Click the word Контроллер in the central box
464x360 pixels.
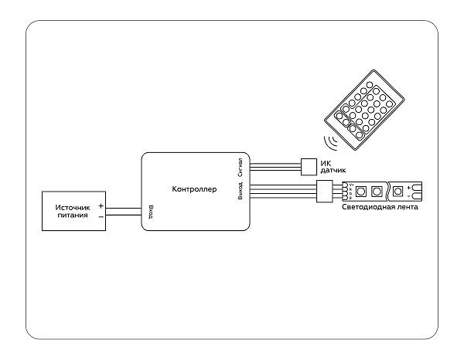[194, 189]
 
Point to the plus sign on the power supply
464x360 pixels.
[101, 205]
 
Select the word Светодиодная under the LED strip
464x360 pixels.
[368, 208]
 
